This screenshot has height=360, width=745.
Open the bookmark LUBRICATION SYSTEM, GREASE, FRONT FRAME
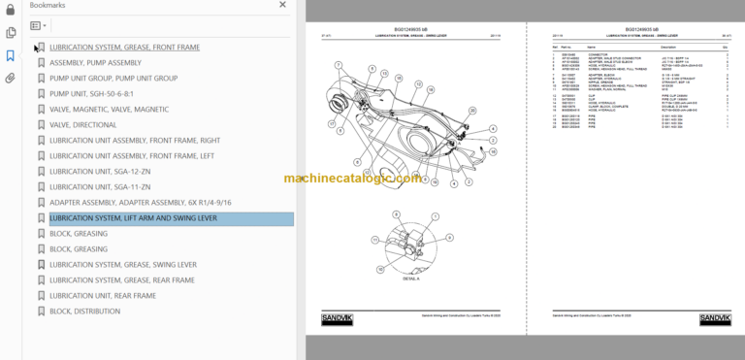pyautogui.click(x=124, y=47)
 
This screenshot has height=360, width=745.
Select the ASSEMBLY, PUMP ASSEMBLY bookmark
pyautogui.click(x=95, y=62)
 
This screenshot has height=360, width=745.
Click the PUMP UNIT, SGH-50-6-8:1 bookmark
pyautogui.click(x=91, y=93)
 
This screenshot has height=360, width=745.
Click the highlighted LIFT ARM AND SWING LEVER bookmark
pyautogui.click(x=133, y=218)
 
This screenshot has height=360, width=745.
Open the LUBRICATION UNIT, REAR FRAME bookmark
pyautogui.click(x=102, y=295)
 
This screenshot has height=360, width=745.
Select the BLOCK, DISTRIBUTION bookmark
pyautogui.click(x=84, y=311)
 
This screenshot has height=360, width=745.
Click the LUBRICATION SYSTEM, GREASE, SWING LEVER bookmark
pyautogui.click(x=122, y=264)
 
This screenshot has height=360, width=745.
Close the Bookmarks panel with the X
pyautogui.click(x=283, y=5)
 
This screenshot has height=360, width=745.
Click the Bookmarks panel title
pyautogui.click(x=49, y=5)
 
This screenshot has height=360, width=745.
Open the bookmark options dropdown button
pyautogui.click(x=38, y=25)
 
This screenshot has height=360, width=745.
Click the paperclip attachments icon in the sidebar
pyautogui.click(x=10, y=78)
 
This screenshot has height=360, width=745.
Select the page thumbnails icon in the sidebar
pyautogui.click(x=10, y=32)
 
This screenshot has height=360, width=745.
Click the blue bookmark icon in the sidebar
pyautogui.click(x=10, y=55)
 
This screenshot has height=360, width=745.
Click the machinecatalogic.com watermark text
pyautogui.click(x=353, y=179)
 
